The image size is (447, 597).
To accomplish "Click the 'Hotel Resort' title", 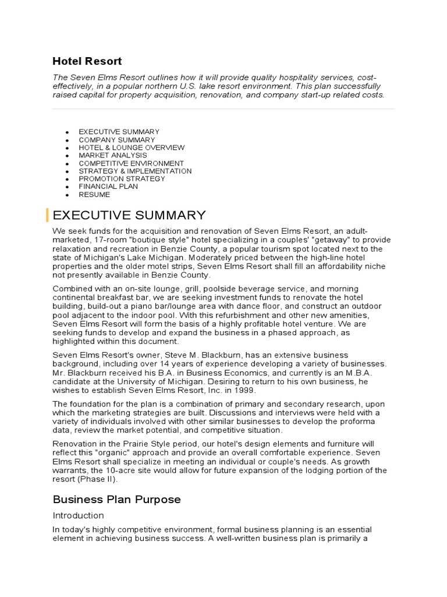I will pyautogui.click(x=87, y=61).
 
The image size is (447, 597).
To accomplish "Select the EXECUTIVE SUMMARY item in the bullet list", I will pyautogui.click(x=119, y=132).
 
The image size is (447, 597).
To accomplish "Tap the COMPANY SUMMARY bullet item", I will pyautogui.click(x=116, y=140).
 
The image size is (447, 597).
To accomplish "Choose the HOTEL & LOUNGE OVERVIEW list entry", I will pyautogui.click(x=132, y=148).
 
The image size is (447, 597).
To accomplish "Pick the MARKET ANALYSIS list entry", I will pyautogui.click(x=113, y=156).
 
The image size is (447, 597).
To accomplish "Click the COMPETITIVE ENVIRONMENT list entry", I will pyautogui.click(x=131, y=164).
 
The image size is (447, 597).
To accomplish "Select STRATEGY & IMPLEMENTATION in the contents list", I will pyautogui.click(x=135, y=171).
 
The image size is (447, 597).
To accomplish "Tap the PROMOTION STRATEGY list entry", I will pyautogui.click(x=122, y=179).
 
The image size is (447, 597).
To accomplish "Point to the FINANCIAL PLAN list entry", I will pyautogui.click(x=108, y=187).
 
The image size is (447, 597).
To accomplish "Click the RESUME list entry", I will pyautogui.click(x=94, y=195).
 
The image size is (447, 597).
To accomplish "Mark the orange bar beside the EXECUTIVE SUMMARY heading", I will pyautogui.click(x=47, y=215).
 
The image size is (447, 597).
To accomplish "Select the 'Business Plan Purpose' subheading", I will pyautogui.click(x=116, y=499).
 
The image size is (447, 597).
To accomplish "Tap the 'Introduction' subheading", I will pyautogui.click(x=78, y=515).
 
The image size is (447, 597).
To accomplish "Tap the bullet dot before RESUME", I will pyautogui.click(x=68, y=195).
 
